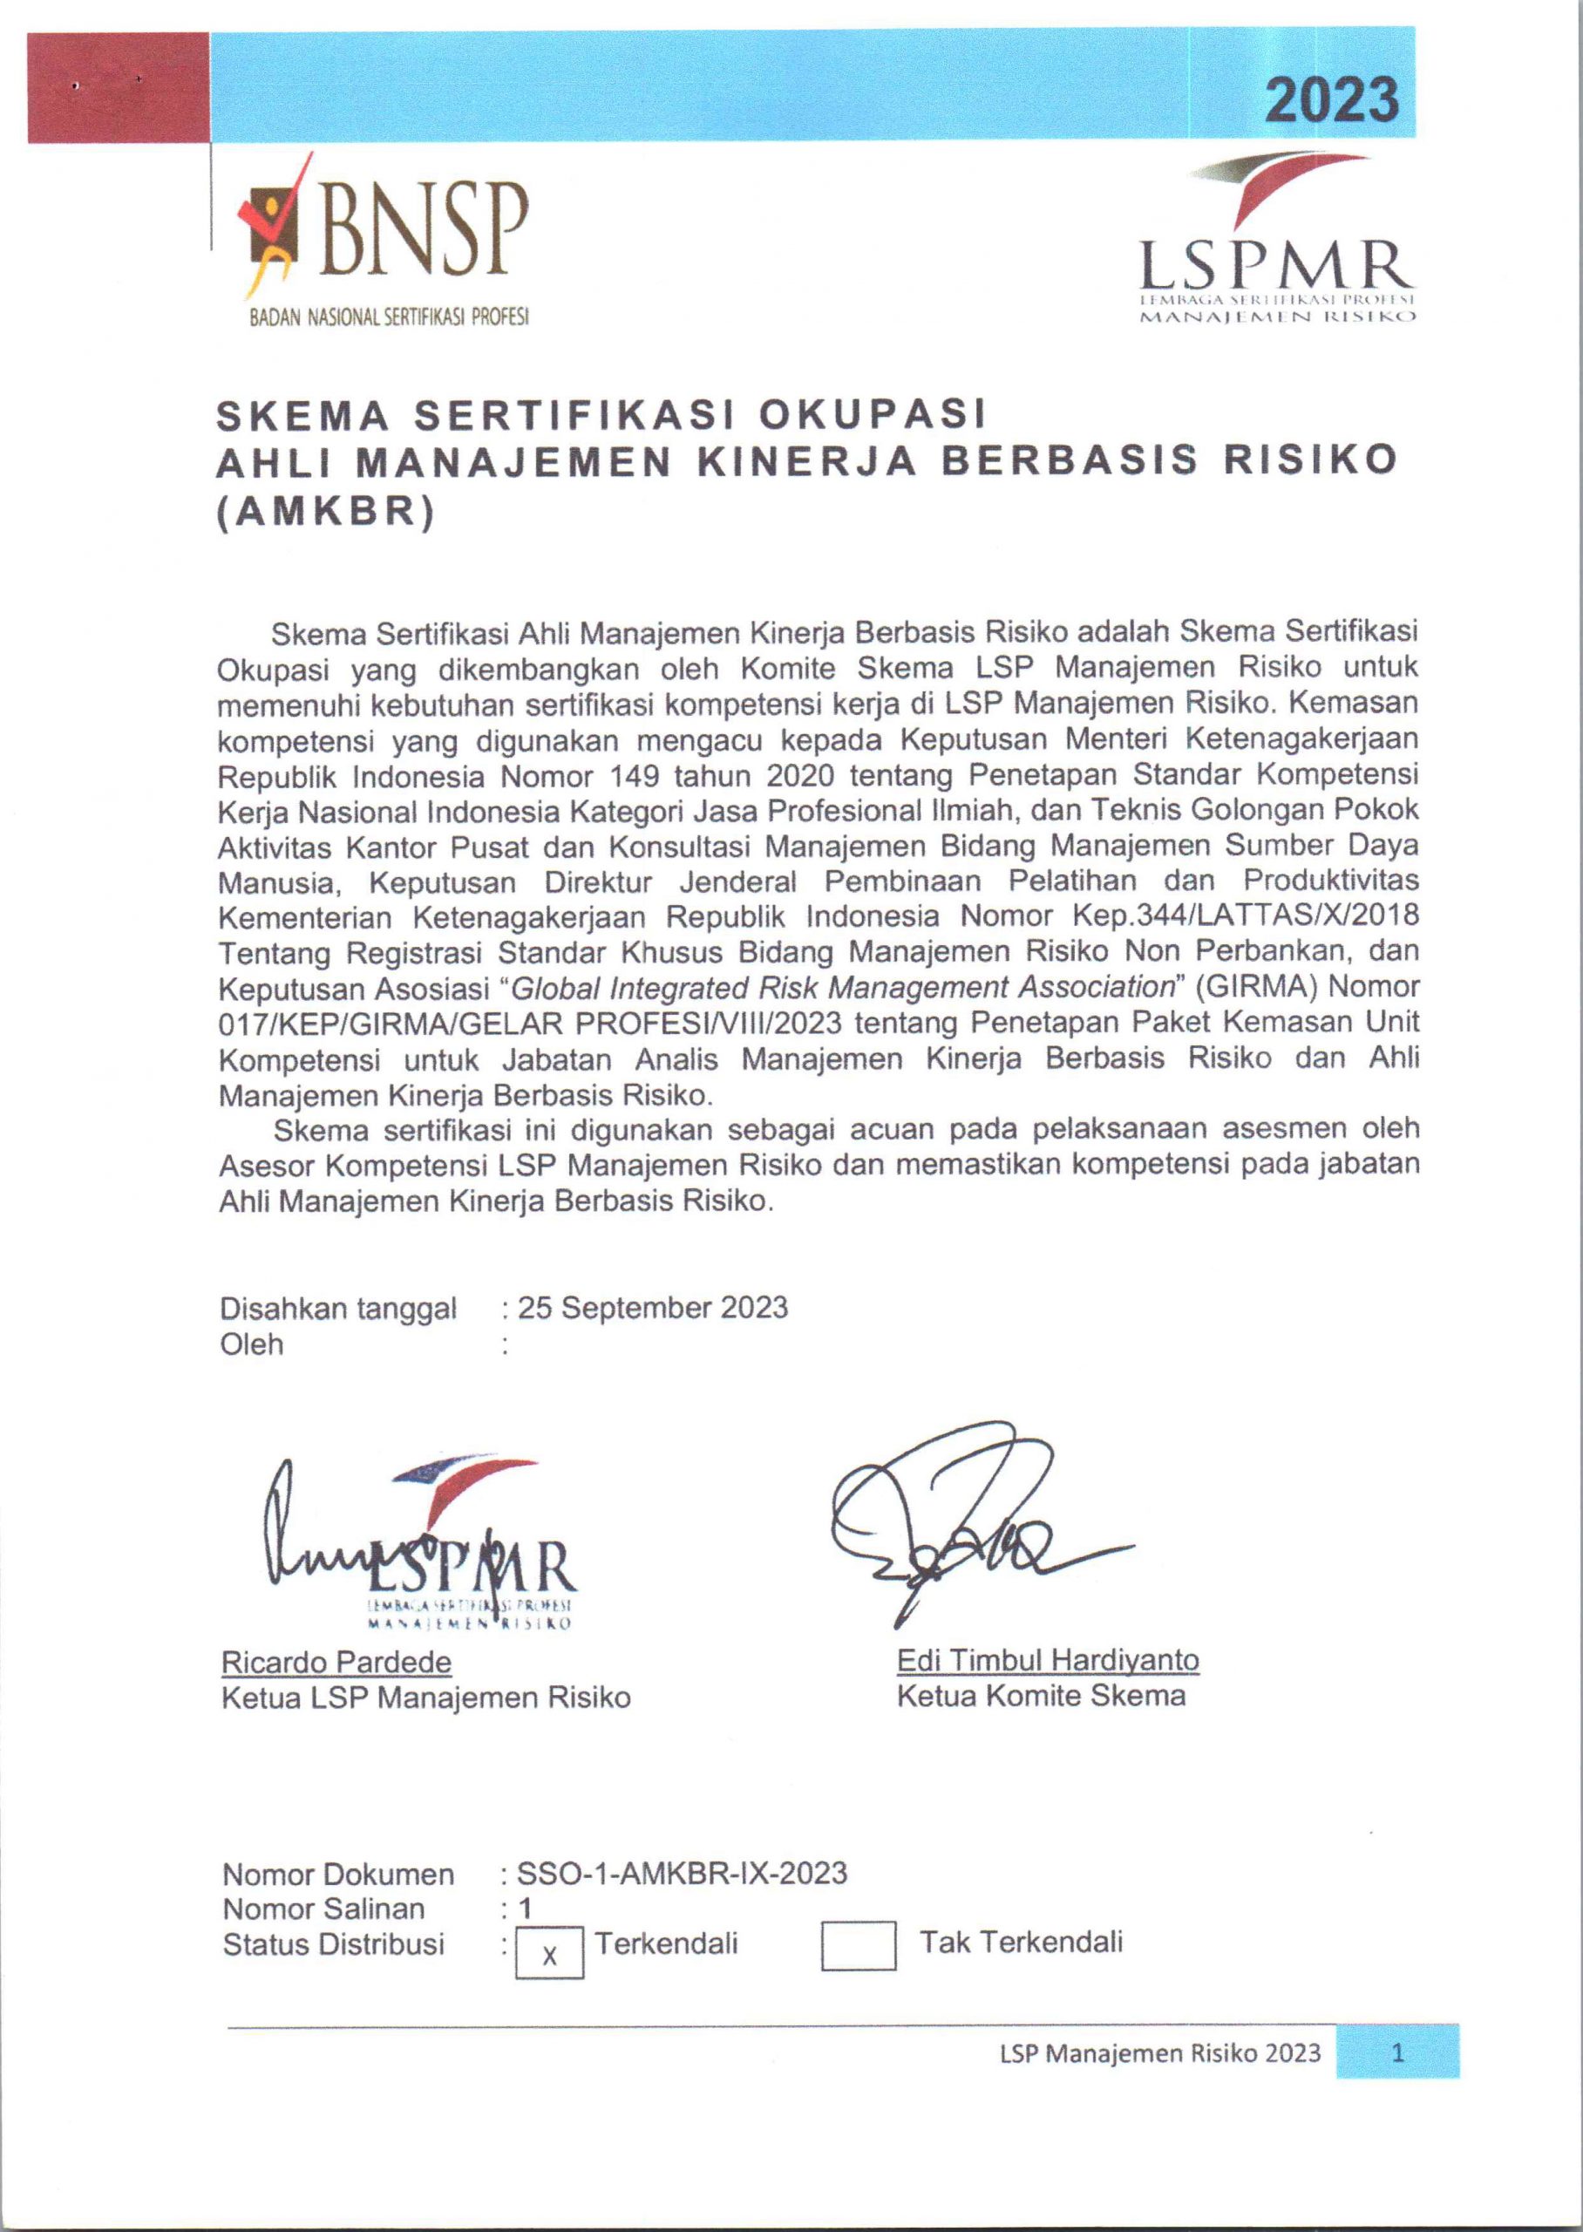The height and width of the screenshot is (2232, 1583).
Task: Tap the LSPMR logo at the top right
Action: pyautogui.click(x=1276, y=243)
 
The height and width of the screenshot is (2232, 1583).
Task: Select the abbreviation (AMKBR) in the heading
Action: pyautogui.click(x=324, y=512)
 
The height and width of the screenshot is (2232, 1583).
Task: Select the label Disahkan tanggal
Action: pyautogui.click(x=338, y=1308)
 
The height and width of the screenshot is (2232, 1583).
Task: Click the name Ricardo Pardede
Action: pyautogui.click(x=336, y=1662)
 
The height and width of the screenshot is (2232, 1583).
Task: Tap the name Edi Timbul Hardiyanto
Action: pyautogui.click(x=1048, y=1660)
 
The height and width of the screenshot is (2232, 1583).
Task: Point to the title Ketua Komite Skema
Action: pyautogui.click(x=1041, y=1696)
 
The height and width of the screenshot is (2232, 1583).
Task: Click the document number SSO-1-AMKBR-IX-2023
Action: pyautogui.click(x=682, y=1874)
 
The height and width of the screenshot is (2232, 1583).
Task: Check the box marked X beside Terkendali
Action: pyautogui.click(x=550, y=1953)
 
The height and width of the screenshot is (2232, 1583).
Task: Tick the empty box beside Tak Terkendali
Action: pyautogui.click(x=858, y=1945)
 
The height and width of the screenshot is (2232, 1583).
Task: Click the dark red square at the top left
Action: pyautogui.click(x=118, y=88)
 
